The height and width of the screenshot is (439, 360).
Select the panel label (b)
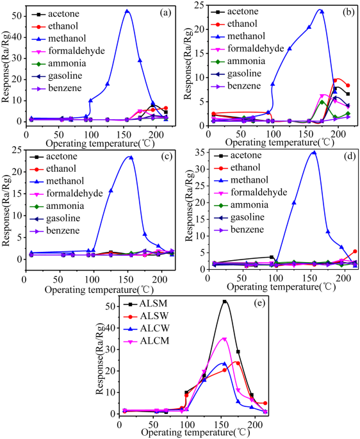[x=343, y=12]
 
